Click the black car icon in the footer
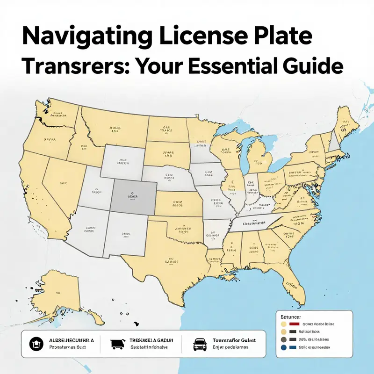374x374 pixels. pyautogui.click(x=200, y=344)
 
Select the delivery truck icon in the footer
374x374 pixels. pyautogui.click(x=117, y=344)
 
